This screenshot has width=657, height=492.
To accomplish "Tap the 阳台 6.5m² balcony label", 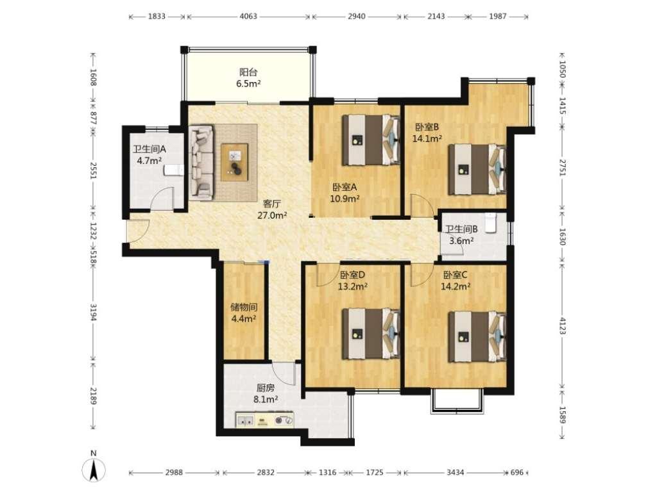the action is pos(248,78).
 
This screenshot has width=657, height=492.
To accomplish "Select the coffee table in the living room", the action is pos(235,162).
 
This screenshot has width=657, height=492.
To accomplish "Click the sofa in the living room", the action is pos(201,163).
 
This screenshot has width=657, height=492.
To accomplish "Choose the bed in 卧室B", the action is pos(477,169).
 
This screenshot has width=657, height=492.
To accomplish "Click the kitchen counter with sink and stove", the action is pos(264,420).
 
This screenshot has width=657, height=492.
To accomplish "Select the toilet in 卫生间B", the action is pos(491,222).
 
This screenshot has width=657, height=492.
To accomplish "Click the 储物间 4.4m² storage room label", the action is pos(244,313).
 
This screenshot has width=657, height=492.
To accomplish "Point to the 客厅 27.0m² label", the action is pos(272,209).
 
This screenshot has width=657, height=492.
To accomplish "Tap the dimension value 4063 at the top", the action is pos(248,16).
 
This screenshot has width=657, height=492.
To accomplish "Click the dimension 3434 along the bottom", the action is pos(455,472).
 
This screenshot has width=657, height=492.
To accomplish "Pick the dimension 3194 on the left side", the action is pos(93,313).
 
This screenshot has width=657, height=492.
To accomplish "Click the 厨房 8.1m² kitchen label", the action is pos(266,394).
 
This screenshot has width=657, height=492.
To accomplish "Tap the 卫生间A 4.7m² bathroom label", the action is pos(149,155).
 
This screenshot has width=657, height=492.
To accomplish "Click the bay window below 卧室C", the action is pos(457,402).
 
